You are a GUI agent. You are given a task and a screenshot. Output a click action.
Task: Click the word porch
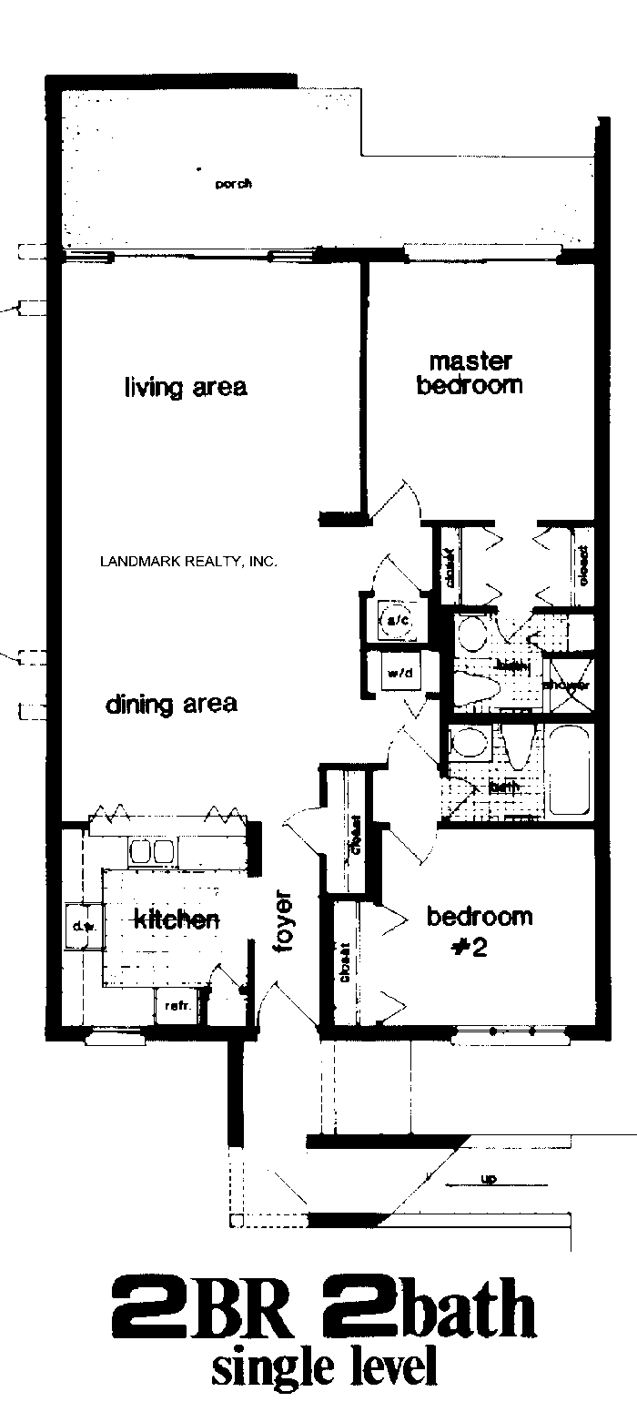(x=233, y=184)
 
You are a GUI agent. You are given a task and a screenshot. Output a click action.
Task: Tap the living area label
(x=186, y=387)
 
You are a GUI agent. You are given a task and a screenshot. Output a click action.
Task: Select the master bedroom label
(x=470, y=373)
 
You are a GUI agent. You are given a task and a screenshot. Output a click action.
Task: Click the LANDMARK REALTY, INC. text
(x=187, y=562)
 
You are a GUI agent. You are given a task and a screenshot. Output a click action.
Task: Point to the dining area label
(x=171, y=704)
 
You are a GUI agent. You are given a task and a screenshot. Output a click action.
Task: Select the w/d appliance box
(x=399, y=674)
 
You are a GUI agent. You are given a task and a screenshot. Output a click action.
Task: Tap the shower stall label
(x=566, y=685)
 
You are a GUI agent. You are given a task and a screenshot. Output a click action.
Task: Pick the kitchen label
(x=177, y=919)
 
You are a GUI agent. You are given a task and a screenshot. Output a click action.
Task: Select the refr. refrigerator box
(x=175, y=1006)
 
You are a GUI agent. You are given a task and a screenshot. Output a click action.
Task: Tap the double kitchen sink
(x=151, y=851)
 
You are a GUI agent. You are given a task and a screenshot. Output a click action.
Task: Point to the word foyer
(x=285, y=926)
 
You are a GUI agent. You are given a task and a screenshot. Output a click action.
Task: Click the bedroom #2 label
(x=480, y=930)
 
